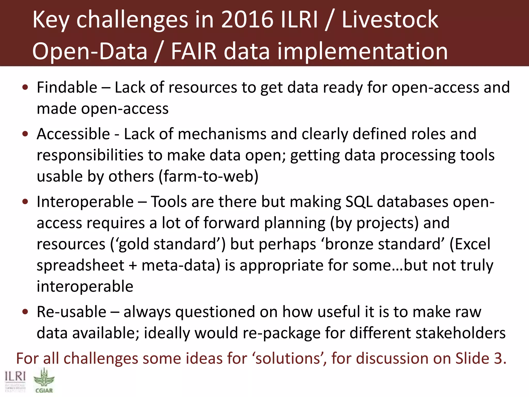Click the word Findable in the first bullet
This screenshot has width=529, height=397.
(67, 87)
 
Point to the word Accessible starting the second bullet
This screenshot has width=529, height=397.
(73, 134)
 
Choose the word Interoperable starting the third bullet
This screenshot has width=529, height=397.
(85, 202)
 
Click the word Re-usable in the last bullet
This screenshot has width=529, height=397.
(71, 312)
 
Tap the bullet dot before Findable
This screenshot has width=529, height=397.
(25, 88)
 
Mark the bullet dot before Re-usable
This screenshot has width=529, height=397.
(25, 312)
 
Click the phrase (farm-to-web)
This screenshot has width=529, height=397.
(208, 177)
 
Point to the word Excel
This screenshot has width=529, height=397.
(472, 244)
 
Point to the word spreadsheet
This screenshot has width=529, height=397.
(81, 265)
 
